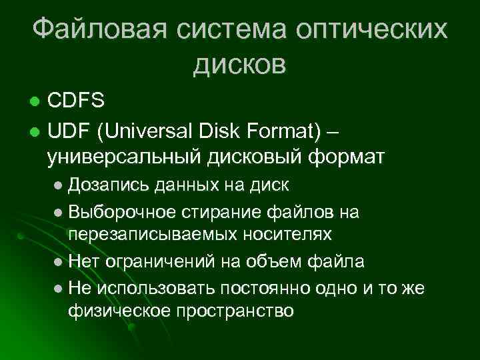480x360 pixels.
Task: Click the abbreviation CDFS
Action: coord(76,101)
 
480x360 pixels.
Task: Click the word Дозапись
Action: coord(108,183)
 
